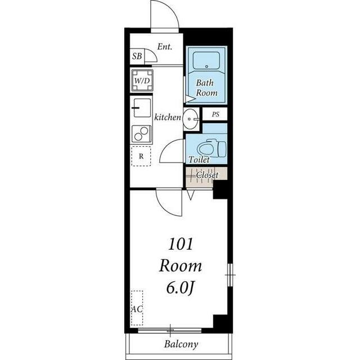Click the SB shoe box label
click(137, 56)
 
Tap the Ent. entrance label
click(165, 47)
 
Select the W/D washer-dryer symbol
click(142, 80)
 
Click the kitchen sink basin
click(142, 107)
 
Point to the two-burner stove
click(141, 134)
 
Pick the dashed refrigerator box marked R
click(141, 156)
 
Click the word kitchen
click(168, 118)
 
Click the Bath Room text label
click(206, 88)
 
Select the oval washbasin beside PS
click(191, 119)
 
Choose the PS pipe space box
click(215, 114)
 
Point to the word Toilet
click(199, 160)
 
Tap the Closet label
click(207, 175)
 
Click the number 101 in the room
click(181, 244)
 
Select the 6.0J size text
click(181, 287)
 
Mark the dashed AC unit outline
click(137, 308)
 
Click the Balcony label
click(181, 344)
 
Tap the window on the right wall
click(230, 275)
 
